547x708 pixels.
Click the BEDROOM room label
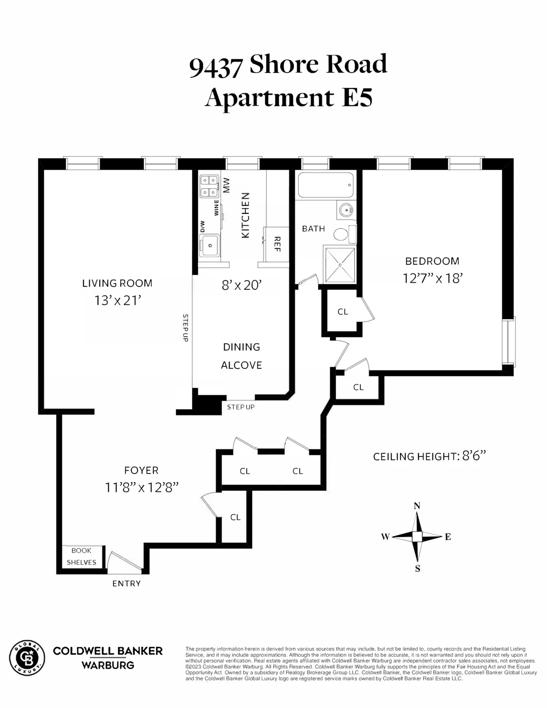(x=432, y=261)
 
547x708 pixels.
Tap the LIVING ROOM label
(x=117, y=283)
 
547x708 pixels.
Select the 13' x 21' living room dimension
(x=117, y=301)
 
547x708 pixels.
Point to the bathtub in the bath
(x=325, y=185)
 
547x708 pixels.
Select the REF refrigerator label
(x=277, y=244)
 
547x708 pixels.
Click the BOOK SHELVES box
(x=82, y=556)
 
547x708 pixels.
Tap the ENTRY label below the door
(x=126, y=584)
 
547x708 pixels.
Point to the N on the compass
(x=417, y=506)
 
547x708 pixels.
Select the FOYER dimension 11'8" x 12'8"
(x=141, y=488)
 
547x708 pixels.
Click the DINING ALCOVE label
(x=242, y=356)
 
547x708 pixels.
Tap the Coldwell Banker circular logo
(x=28, y=657)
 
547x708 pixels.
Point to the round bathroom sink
(x=345, y=210)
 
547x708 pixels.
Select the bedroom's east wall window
(x=509, y=341)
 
